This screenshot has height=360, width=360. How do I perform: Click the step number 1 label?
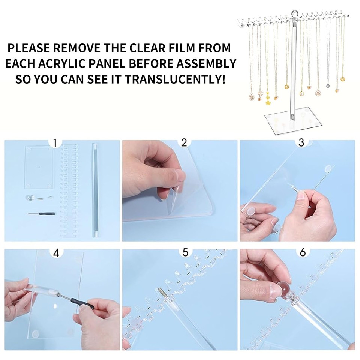click(x=55, y=143)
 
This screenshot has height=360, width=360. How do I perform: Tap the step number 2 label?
click(x=184, y=143)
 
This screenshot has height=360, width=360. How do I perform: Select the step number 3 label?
click(x=301, y=143)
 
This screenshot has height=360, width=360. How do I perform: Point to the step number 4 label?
click(x=56, y=253)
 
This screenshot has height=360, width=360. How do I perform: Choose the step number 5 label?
click(x=185, y=252)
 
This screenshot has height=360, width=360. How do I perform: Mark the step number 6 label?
click(x=303, y=252)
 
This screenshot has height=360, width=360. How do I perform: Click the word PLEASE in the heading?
click(x=29, y=48)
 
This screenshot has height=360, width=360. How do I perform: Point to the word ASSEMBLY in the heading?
click(x=206, y=64)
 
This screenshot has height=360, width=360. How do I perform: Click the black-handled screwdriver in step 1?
click(x=41, y=214)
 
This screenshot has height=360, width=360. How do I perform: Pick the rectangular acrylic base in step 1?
click(x=39, y=167)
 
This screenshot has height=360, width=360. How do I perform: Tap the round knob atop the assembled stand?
click(x=294, y=13)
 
